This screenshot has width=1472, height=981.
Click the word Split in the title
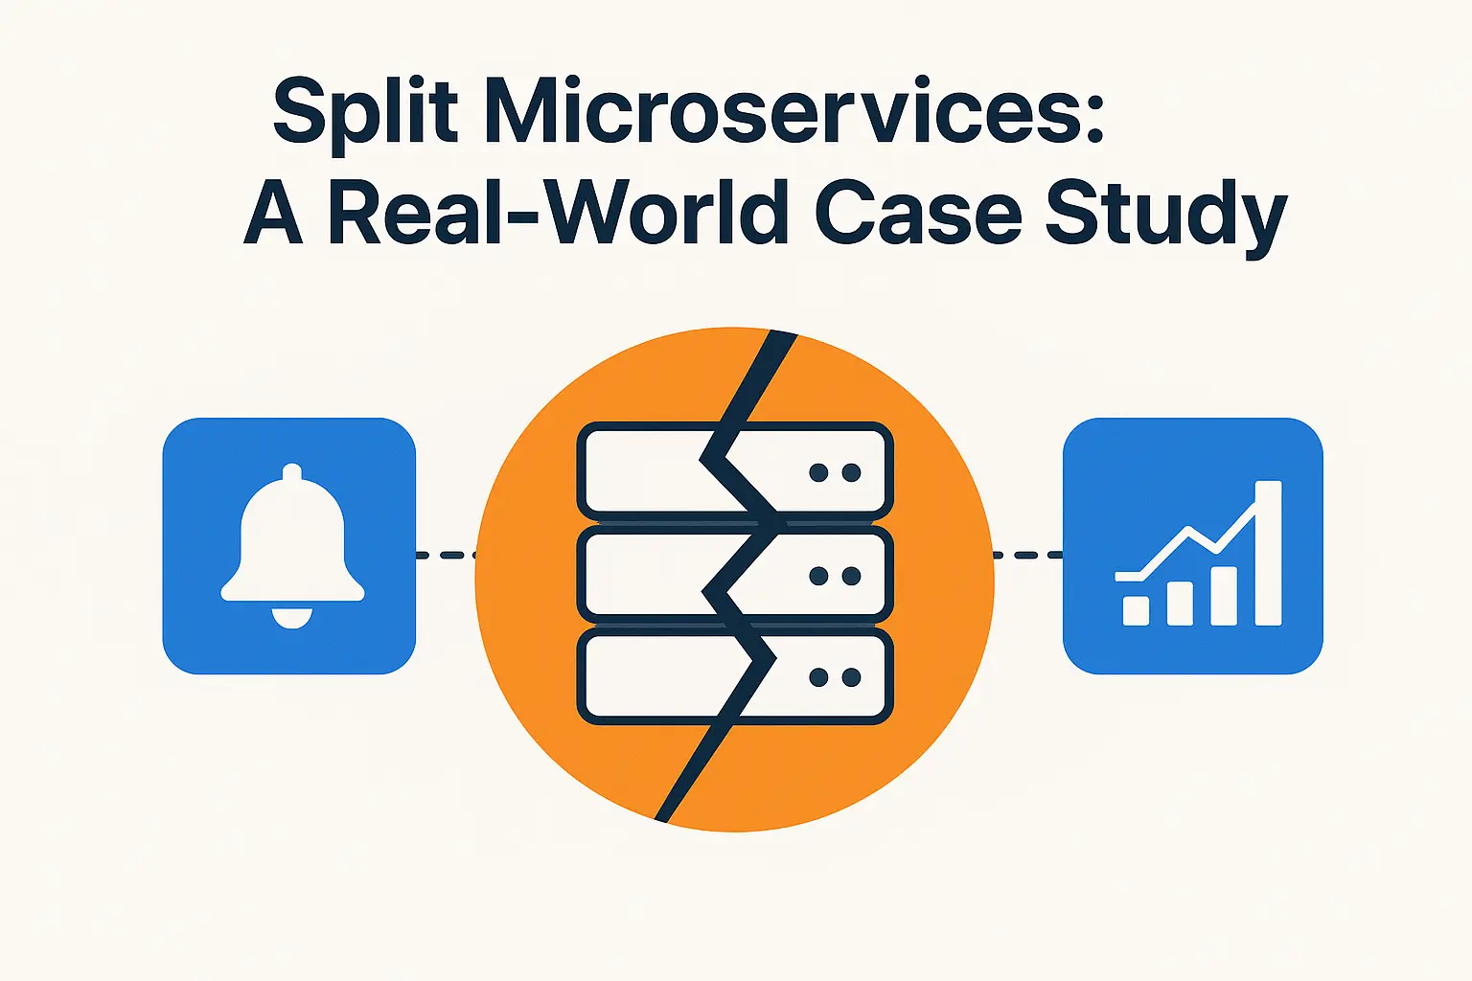tap(364, 113)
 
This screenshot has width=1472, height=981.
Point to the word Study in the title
tap(1165, 215)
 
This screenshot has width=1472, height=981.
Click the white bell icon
tap(292, 541)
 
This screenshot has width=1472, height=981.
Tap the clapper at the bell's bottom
tap(292, 618)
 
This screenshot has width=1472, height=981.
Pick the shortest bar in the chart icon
tap(1136, 610)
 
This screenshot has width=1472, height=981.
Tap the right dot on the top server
tap(851, 472)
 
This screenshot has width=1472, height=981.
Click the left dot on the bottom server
tap(818, 677)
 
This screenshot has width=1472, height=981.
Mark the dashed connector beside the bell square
tap(446, 555)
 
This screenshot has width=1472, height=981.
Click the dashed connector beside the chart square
tap(1027, 555)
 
